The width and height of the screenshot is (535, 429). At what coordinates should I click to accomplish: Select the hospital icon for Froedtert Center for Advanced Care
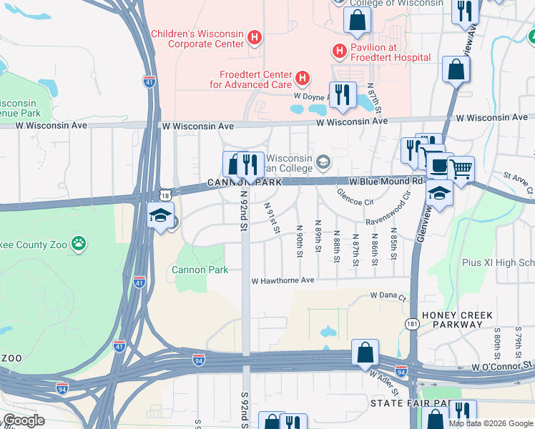[303, 77]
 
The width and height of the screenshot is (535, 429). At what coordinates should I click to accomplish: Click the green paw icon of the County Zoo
[79, 245]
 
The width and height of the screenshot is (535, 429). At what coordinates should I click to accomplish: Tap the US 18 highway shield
[166, 194]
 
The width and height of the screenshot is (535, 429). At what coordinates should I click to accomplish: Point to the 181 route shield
[412, 324]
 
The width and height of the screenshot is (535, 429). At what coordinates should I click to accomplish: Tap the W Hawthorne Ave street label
[283, 281]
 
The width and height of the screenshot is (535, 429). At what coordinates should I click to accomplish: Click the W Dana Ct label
[388, 295]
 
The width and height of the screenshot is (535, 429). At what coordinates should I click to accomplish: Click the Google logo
[24, 420]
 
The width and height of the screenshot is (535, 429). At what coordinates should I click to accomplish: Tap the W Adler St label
[383, 374]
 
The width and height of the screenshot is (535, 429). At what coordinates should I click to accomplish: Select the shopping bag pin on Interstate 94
[365, 352]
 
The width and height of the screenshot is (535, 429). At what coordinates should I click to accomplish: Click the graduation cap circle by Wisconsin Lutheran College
[324, 162]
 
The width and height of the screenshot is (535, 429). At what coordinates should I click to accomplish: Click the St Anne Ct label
[517, 176]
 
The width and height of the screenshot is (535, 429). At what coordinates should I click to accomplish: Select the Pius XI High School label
[498, 262]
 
